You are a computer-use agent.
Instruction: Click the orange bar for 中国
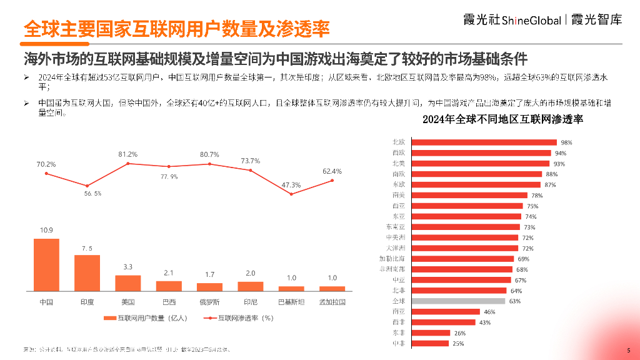[x=46, y=264]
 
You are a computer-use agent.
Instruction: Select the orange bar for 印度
[x=87, y=272]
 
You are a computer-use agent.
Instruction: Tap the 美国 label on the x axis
[x=128, y=302]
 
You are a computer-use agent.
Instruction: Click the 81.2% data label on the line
[x=128, y=154]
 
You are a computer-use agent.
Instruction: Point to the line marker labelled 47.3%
[x=291, y=194]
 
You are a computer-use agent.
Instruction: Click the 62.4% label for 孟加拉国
[x=332, y=171]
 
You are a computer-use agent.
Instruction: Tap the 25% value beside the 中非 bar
[x=459, y=344]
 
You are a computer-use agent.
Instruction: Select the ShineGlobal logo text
[x=521, y=20]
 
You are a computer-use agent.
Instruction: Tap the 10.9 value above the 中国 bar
[x=46, y=230]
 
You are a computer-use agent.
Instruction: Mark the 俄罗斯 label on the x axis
[x=209, y=302]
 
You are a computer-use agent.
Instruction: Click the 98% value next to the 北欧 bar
[x=566, y=142]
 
